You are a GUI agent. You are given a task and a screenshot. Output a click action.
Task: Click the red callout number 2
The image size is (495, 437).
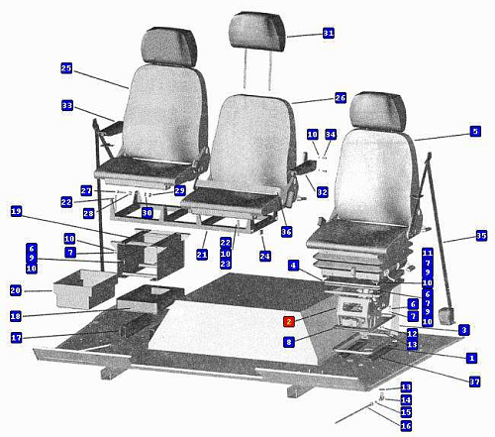(x=289, y=322)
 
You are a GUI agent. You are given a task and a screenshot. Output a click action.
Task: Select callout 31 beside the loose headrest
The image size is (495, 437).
(x=329, y=33)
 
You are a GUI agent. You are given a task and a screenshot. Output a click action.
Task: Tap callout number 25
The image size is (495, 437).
(x=66, y=68)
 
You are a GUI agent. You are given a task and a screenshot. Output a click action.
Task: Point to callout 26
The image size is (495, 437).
(x=341, y=98)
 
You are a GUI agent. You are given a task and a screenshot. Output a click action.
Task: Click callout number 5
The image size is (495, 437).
(x=475, y=131)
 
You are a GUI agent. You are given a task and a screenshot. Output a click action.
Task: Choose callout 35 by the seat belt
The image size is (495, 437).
(x=481, y=236)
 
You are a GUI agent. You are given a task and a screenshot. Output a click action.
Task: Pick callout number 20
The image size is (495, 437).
(x=16, y=290)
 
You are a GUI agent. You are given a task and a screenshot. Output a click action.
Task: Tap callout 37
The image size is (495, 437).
(x=474, y=382)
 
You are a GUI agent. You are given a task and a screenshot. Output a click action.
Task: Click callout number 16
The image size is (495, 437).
(x=406, y=426)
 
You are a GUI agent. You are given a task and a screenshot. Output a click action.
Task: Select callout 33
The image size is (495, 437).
(x=67, y=106)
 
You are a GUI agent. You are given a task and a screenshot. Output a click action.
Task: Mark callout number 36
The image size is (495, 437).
(x=286, y=232)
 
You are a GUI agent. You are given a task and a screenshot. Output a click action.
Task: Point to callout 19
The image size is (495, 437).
(x=16, y=211)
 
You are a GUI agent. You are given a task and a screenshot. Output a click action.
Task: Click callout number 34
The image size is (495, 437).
(x=331, y=134)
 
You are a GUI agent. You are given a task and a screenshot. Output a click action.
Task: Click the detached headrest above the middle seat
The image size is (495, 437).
(x=256, y=32)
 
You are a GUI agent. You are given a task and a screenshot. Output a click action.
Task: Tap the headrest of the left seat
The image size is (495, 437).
(x=169, y=48)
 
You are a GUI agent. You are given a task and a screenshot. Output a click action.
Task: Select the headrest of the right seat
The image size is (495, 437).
(x=378, y=112)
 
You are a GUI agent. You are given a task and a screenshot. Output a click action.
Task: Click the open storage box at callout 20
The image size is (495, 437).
(x=85, y=288)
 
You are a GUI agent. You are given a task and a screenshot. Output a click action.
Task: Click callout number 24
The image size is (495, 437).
(x=264, y=256)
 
